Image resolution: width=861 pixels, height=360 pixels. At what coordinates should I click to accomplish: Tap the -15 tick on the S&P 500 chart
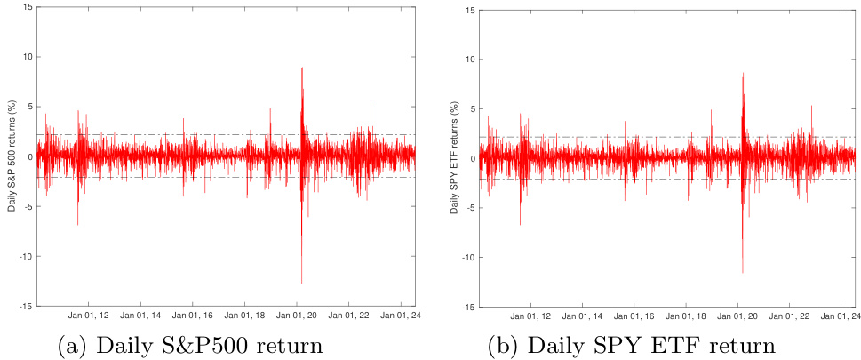click(x=26, y=306)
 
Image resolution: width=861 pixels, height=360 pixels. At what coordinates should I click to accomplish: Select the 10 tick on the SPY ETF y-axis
click(x=468, y=60)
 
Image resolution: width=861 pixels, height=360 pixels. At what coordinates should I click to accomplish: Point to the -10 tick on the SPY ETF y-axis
click(x=466, y=257)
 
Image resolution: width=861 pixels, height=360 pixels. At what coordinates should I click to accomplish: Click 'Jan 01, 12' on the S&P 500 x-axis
click(x=90, y=316)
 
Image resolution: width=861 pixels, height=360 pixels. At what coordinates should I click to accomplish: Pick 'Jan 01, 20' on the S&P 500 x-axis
click(x=301, y=316)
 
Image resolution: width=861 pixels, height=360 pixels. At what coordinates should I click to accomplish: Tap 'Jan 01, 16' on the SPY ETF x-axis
click(x=634, y=316)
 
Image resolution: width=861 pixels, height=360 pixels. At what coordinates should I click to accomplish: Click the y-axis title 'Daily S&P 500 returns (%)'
click(x=12, y=156)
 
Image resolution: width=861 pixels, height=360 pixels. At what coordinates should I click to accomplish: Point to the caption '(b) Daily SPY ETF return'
click(x=625, y=344)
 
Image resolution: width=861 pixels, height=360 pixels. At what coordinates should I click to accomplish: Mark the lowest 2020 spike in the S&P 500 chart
click(x=302, y=283)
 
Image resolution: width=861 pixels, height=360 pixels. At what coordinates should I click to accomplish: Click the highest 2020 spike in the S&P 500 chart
click(x=302, y=68)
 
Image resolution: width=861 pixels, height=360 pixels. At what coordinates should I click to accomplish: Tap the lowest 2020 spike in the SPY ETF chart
click(x=742, y=272)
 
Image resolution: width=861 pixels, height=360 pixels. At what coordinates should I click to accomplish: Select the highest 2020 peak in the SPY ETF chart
click(x=742, y=74)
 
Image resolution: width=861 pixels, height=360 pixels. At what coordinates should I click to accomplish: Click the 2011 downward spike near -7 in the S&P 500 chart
click(x=77, y=224)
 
